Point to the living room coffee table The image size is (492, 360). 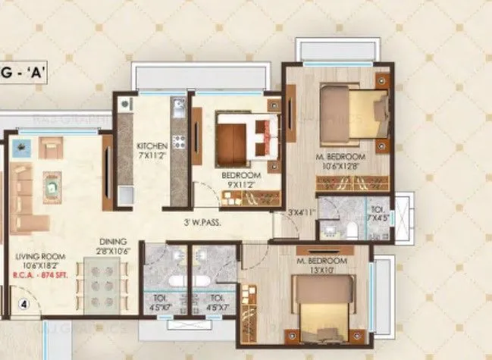pyautogui.click(x=52, y=184)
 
